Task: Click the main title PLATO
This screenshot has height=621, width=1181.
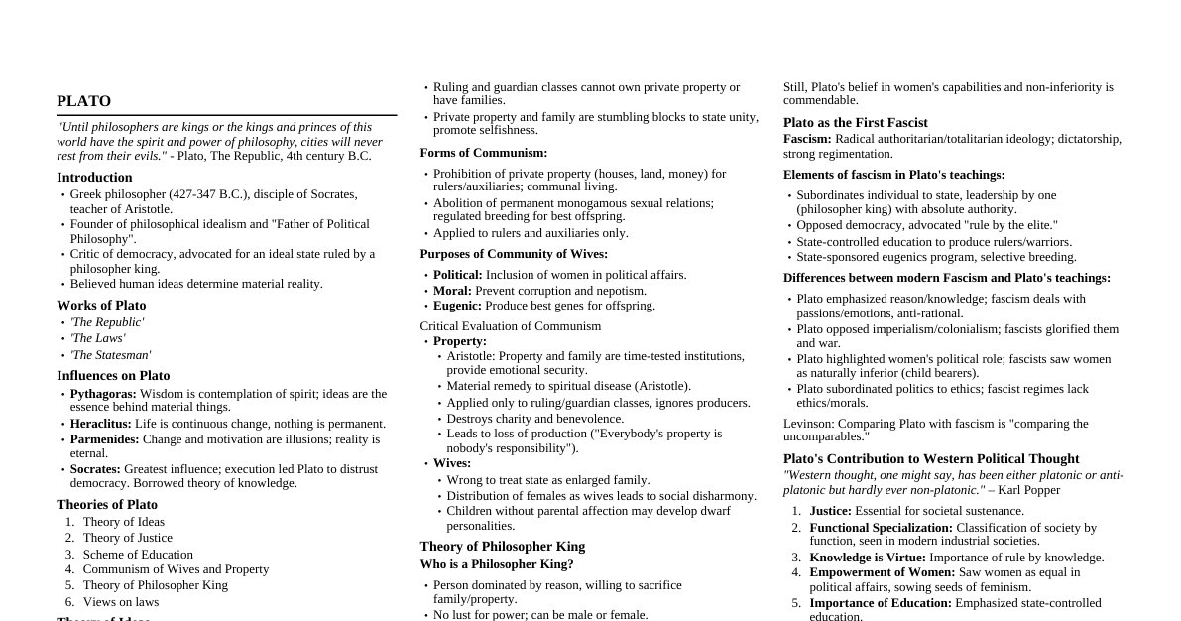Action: pos(84,101)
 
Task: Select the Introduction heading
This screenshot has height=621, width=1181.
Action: pos(94,178)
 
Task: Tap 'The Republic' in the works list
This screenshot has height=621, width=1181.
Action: pos(107,322)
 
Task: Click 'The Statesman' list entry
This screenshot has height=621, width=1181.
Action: pos(110,355)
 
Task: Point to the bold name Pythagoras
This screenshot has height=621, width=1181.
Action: pos(103,394)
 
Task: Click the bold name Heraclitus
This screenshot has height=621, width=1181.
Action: pos(100,424)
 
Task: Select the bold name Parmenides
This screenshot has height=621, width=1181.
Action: pos(104,439)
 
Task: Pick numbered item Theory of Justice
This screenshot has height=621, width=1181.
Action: pos(127,538)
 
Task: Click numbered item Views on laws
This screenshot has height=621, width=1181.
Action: pos(120,602)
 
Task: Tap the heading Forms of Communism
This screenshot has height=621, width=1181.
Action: pos(484,153)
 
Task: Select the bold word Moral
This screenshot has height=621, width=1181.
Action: pos(452,291)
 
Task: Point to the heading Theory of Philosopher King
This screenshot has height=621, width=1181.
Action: pos(503,547)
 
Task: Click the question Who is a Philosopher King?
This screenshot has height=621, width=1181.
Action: pos(497,564)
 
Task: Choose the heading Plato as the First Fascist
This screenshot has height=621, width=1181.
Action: pos(856,123)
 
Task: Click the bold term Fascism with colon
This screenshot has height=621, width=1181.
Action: pos(807,139)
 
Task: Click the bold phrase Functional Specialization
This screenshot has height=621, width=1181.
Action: pos(881,528)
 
